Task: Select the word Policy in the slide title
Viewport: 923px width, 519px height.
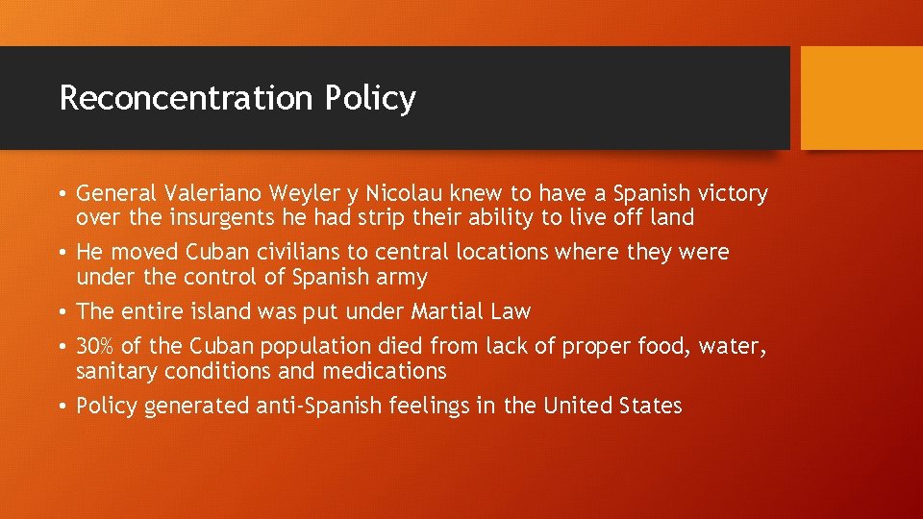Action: click(370, 99)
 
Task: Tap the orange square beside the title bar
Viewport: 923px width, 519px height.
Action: click(861, 98)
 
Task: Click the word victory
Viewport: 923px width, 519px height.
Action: click(733, 194)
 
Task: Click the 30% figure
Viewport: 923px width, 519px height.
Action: click(95, 346)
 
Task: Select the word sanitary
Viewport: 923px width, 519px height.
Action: click(114, 371)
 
